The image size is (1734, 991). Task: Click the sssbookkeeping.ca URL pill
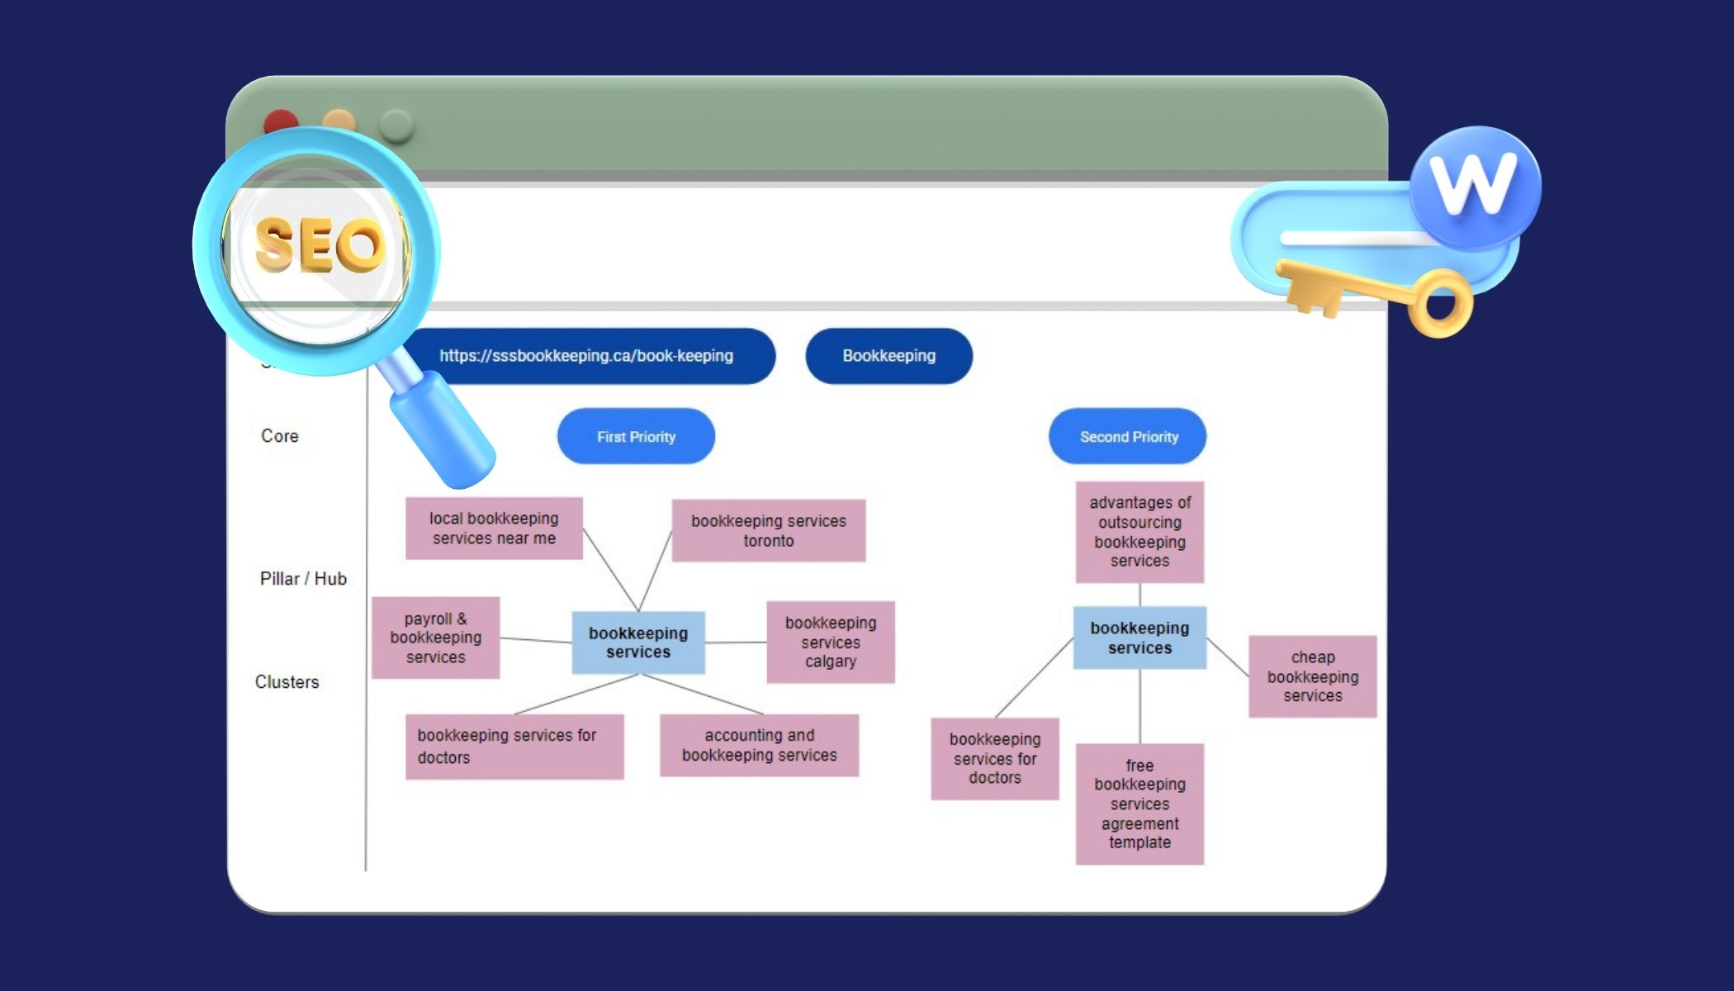click(x=587, y=356)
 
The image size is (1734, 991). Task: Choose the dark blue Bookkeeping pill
click(x=888, y=356)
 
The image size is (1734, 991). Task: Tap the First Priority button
click(x=636, y=436)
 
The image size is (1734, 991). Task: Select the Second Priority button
click(x=1128, y=436)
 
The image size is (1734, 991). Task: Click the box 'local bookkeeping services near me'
click(x=494, y=529)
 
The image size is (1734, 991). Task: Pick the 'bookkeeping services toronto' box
click(x=768, y=530)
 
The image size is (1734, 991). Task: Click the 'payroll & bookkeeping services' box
click(x=435, y=638)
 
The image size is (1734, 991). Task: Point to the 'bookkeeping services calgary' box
click(x=830, y=642)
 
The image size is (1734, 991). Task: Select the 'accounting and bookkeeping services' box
click(x=759, y=745)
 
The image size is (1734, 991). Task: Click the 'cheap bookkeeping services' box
click(x=1312, y=676)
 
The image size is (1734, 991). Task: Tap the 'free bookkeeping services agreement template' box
click(x=1139, y=804)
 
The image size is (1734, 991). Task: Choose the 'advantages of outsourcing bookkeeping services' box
click(x=1139, y=532)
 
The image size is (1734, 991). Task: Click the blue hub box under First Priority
click(x=638, y=642)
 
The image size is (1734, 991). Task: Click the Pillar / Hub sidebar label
click(x=303, y=579)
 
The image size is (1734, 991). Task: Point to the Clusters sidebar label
click(x=287, y=682)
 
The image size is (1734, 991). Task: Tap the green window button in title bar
click(x=396, y=126)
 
